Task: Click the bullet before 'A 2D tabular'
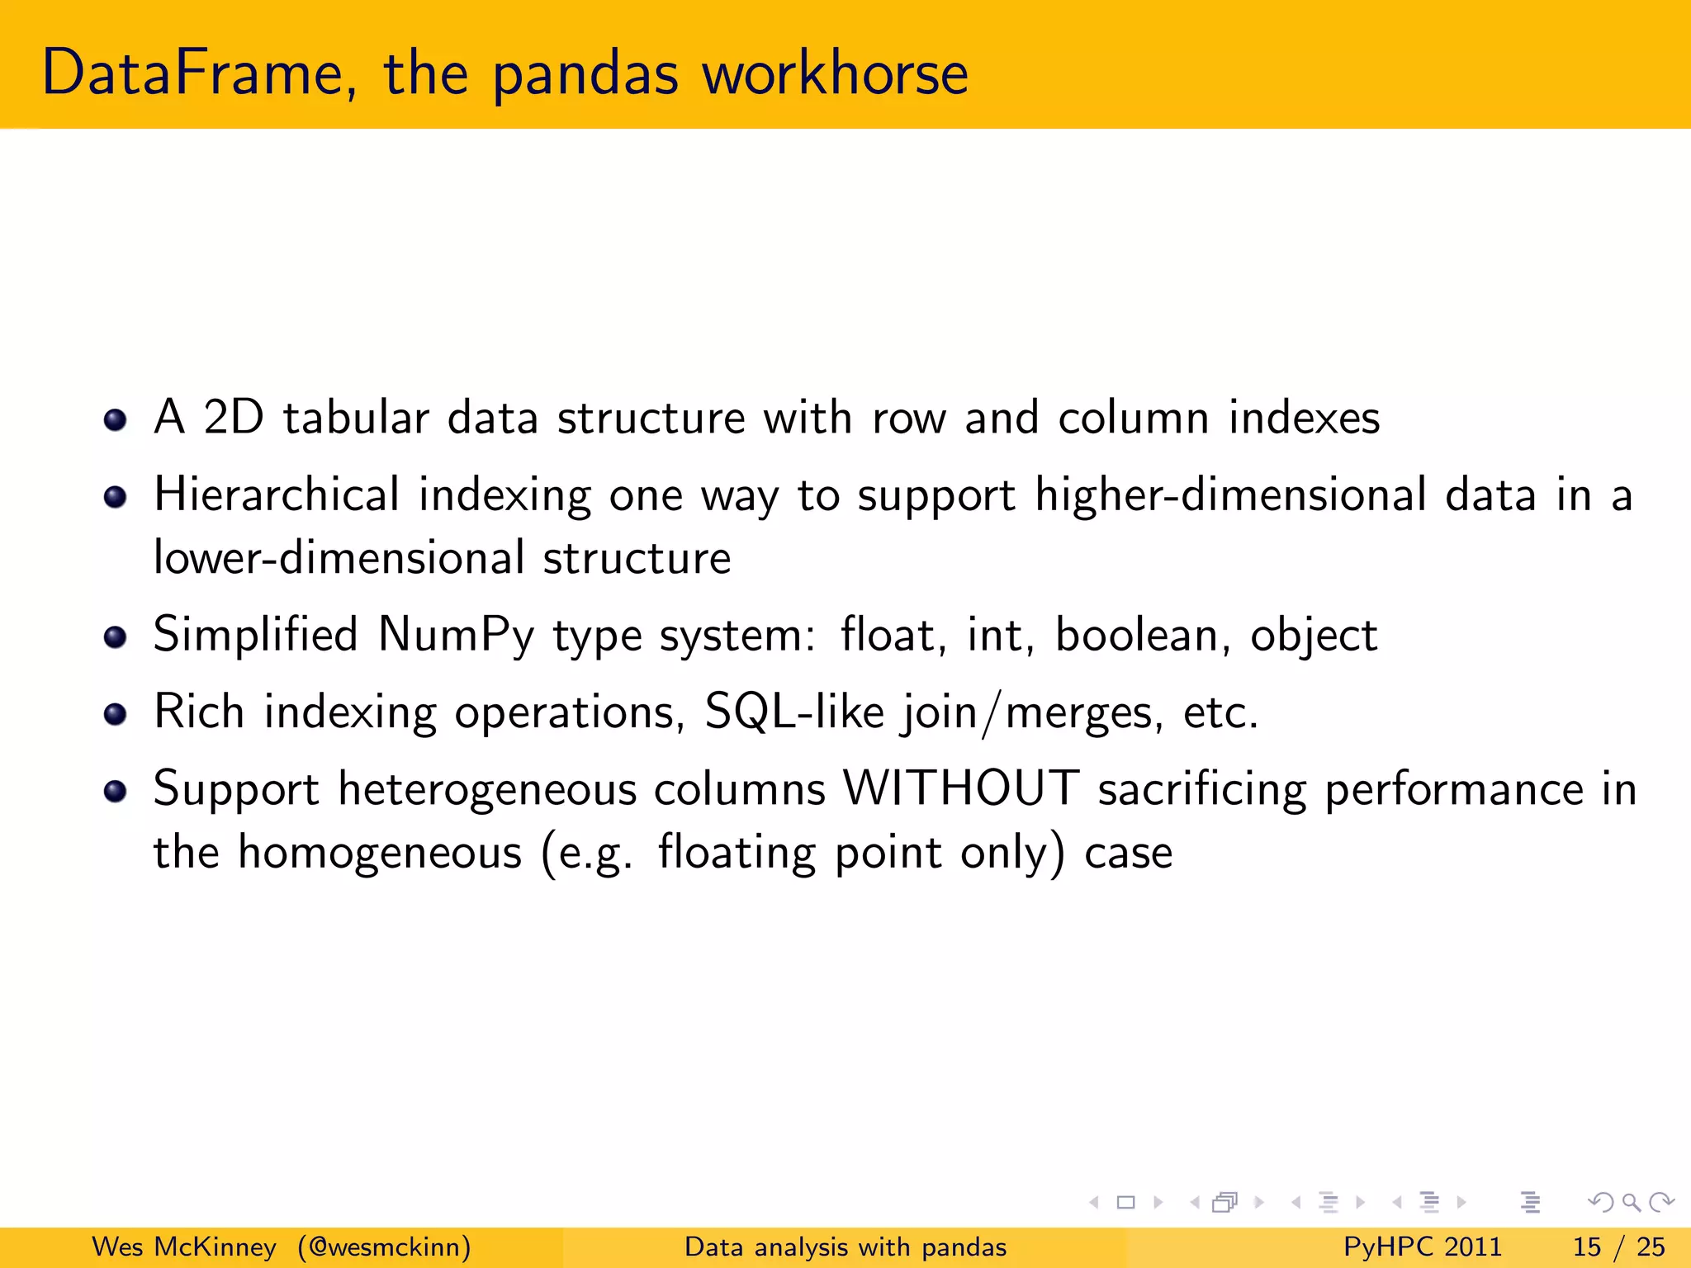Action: coord(116,419)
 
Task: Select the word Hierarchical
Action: coord(277,495)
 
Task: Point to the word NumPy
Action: coord(456,636)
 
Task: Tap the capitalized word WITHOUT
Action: coord(961,788)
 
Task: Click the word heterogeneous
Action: coord(487,790)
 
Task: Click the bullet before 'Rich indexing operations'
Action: coord(116,713)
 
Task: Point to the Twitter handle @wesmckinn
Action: coord(385,1247)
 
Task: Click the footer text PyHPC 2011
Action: coord(1422,1247)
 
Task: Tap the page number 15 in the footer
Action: coord(1586,1247)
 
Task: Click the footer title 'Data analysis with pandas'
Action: coord(845,1247)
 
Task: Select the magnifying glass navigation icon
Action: coord(1631,1203)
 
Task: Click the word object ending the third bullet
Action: coord(1313,636)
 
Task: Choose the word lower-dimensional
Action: coord(339,558)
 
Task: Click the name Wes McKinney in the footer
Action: coord(183,1247)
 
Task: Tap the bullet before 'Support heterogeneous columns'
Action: coord(116,791)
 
